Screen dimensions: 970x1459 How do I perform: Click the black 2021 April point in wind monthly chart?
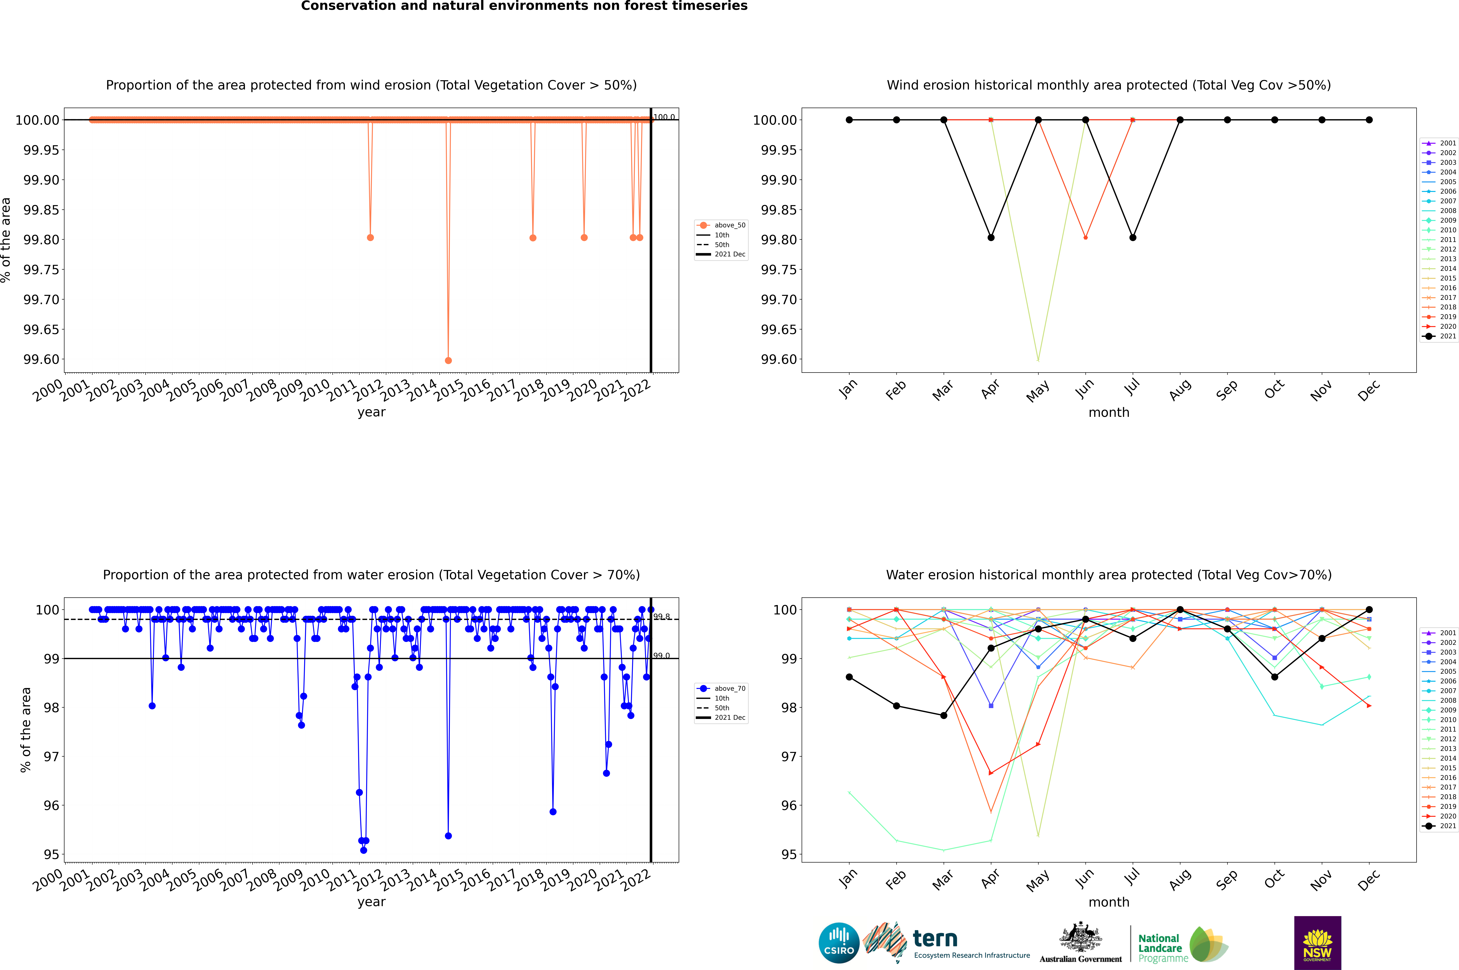(x=991, y=238)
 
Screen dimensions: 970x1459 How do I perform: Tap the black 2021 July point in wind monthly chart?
(x=1132, y=238)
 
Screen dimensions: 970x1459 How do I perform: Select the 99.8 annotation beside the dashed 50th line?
(x=662, y=617)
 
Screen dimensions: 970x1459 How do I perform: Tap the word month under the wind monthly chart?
(x=1108, y=413)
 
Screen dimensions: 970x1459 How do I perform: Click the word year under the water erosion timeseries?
(x=371, y=902)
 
